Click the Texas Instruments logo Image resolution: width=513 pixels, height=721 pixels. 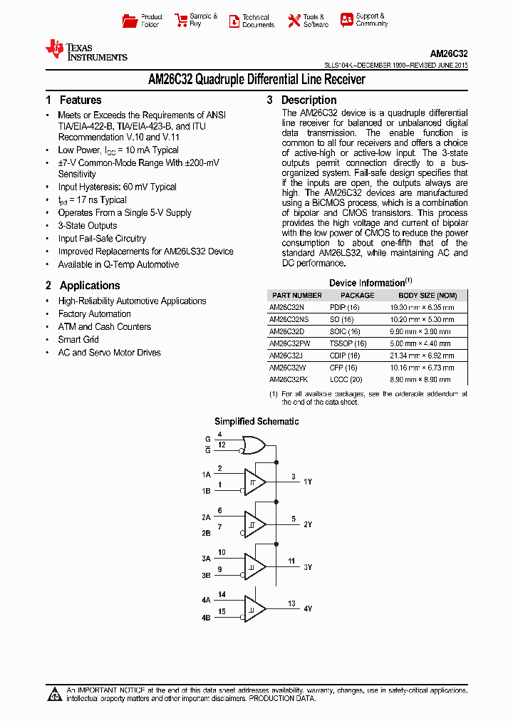pos(85,50)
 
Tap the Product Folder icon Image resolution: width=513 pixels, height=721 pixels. pos(129,21)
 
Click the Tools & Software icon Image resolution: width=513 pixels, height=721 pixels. pos(294,21)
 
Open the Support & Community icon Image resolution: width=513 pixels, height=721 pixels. pos(346,20)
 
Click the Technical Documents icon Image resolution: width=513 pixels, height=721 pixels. pos(234,21)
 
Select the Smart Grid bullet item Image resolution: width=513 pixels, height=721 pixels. pos(78,340)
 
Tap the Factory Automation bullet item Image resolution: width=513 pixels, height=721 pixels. pos(94,314)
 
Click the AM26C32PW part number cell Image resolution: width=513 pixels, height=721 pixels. pos(290,343)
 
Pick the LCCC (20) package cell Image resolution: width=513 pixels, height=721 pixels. pos(346,380)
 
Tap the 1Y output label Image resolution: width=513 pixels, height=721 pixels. pos(308,482)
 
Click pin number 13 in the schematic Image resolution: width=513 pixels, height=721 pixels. pos(292,604)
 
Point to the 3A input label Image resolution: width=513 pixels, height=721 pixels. pos(206,559)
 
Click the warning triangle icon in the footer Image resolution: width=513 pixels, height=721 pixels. pos(55,695)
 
